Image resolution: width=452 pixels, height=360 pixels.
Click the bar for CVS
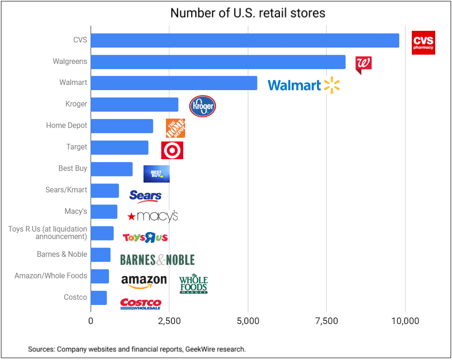(x=244, y=40)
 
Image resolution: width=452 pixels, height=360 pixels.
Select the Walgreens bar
(x=218, y=62)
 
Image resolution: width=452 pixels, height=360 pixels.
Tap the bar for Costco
(x=99, y=297)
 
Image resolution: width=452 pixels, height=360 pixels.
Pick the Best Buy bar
(x=111, y=169)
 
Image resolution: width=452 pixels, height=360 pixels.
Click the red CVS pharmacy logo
(x=423, y=42)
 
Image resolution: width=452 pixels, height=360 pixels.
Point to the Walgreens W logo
(x=363, y=64)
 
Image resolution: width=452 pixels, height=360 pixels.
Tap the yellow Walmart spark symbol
(x=331, y=85)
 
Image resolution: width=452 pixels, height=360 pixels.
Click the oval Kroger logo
(x=202, y=106)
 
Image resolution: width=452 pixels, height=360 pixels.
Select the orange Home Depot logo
(x=175, y=128)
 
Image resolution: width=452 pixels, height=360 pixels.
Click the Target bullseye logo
(x=172, y=150)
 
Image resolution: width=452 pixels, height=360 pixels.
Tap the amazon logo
(x=143, y=281)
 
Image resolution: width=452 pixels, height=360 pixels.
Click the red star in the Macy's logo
(x=132, y=217)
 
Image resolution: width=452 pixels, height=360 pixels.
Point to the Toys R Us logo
(x=145, y=238)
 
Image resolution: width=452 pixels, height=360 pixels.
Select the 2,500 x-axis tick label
(x=169, y=321)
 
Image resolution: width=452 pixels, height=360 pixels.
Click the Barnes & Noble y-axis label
(x=62, y=254)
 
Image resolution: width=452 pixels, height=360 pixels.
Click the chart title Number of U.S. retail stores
(x=248, y=13)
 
